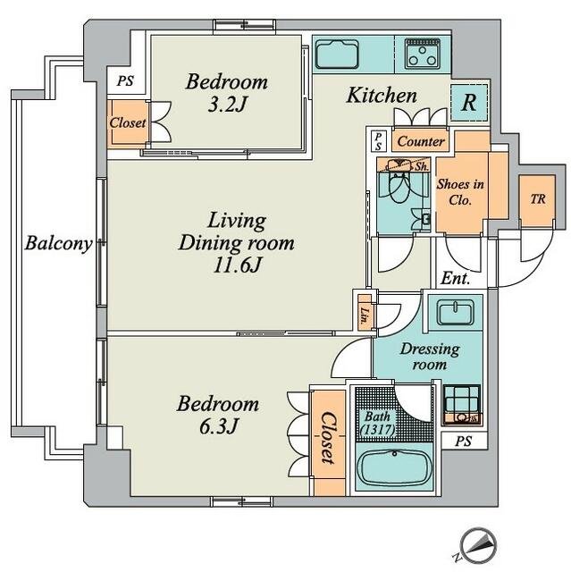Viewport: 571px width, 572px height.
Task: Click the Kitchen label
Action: (382, 96)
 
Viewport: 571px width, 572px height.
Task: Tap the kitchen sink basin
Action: (337, 54)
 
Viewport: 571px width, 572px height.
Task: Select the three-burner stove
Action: (423, 53)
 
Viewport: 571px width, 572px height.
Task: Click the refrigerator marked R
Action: (469, 103)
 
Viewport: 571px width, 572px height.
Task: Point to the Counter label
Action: (421, 141)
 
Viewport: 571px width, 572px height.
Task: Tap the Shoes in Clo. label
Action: (460, 192)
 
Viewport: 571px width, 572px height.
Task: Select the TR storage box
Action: (537, 201)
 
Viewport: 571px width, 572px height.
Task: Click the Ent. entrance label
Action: (456, 279)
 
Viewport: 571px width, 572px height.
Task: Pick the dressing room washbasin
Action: (456, 313)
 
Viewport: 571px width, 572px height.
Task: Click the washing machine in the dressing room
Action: (462, 405)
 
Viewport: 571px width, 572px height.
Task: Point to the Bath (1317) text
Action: (378, 423)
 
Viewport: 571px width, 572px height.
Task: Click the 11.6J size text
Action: (238, 265)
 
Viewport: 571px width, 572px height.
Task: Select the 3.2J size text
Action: (227, 105)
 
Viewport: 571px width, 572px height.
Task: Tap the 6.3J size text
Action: (218, 426)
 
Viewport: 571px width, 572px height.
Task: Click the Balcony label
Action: (59, 243)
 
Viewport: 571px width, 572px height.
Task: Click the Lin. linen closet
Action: (365, 313)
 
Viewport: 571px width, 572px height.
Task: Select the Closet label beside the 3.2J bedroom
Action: (128, 122)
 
